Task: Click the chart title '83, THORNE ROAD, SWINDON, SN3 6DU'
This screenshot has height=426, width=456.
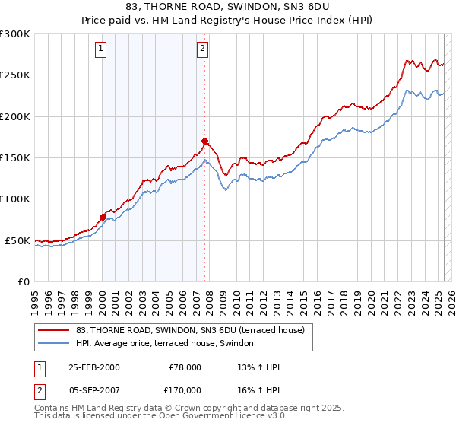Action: coord(228,8)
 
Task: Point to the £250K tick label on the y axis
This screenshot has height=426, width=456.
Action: coord(16,75)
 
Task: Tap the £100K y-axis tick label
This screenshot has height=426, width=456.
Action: coord(16,199)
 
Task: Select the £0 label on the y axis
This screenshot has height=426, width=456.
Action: coord(24,281)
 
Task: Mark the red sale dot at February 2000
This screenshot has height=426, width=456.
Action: coord(103,217)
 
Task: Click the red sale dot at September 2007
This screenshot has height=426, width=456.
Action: coord(204,141)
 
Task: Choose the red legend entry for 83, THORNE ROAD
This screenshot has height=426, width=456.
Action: coord(190,330)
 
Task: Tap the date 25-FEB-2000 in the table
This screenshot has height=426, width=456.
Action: coord(93,367)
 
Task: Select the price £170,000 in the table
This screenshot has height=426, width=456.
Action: coord(185,389)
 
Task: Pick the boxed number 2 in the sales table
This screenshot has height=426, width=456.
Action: coord(37,389)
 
